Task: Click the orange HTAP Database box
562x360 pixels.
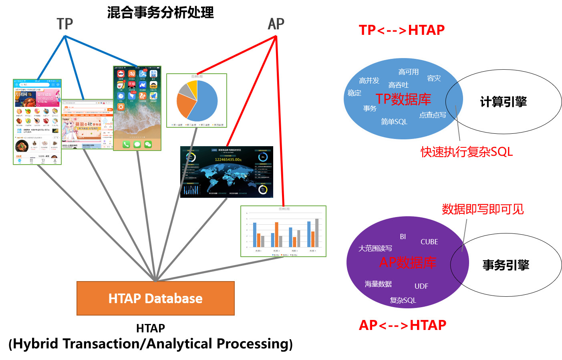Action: [x=155, y=298]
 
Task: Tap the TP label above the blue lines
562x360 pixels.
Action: [x=64, y=24]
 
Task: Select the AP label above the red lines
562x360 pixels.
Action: [x=276, y=24]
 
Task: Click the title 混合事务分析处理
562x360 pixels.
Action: [x=160, y=12]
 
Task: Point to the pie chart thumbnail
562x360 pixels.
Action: [x=197, y=101]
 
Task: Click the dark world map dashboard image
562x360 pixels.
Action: [x=227, y=172]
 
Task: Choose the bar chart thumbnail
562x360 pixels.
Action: [x=283, y=231]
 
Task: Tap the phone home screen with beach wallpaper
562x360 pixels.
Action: [x=137, y=108]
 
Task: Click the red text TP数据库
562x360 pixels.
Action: [x=403, y=99]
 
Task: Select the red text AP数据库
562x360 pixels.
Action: [x=407, y=262]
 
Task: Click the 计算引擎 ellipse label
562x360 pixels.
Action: [x=503, y=102]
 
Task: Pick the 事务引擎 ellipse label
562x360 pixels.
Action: [x=506, y=265]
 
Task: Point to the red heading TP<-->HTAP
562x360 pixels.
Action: [x=401, y=30]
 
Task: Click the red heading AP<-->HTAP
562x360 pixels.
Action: [x=402, y=325]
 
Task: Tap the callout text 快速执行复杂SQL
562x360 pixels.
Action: [x=466, y=152]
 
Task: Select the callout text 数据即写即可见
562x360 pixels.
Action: [x=483, y=209]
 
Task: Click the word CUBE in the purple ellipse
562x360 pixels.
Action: [x=429, y=242]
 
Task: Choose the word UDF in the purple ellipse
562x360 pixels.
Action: [x=421, y=286]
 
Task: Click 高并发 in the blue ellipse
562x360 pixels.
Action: [x=369, y=80]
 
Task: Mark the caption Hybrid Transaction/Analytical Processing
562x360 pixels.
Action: [x=151, y=344]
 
